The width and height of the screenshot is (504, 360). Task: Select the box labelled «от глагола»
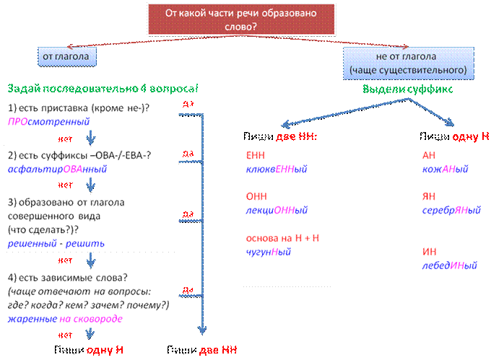tap(66, 55)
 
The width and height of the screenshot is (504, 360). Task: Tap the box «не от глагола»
tap(407, 63)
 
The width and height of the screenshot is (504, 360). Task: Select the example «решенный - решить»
tap(56, 243)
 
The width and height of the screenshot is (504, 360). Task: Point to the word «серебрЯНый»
tap(452, 210)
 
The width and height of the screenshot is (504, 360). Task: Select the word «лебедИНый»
tap(451, 265)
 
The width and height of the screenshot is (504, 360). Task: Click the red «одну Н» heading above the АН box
tap(469, 136)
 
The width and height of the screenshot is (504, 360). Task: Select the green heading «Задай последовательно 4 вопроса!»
tap(103, 89)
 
